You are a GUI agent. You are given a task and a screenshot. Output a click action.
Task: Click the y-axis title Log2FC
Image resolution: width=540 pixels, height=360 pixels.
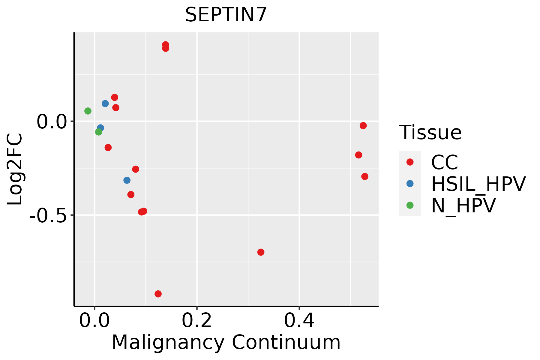point(15,169)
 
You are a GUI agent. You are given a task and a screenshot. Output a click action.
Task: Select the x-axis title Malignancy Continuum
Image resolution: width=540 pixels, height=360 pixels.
point(226,343)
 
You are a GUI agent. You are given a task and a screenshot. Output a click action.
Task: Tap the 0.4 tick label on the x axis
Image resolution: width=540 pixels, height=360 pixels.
point(299,321)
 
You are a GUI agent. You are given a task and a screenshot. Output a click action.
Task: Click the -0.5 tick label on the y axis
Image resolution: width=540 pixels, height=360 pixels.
point(47,215)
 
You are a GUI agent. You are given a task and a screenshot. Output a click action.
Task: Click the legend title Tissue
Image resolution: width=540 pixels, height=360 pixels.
point(430,132)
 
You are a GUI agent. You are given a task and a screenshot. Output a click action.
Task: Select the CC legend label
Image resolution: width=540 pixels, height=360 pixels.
point(445,162)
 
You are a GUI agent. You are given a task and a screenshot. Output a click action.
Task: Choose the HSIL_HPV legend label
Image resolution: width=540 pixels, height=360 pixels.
point(478,184)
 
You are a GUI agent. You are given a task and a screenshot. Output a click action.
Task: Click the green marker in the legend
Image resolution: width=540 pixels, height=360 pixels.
point(410,205)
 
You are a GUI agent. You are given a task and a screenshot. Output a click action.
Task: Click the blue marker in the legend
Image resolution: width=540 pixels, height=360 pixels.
point(410,184)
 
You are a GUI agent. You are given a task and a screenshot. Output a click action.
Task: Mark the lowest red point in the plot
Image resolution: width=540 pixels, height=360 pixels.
point(158,294)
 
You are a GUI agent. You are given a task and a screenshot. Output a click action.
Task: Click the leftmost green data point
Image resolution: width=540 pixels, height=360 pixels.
point(88,111)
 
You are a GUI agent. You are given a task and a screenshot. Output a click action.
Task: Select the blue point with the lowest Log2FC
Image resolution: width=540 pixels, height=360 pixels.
point(127,180)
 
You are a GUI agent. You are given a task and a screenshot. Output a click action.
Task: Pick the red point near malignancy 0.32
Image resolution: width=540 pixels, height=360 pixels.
point(261,252)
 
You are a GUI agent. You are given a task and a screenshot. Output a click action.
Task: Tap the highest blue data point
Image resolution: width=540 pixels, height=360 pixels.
point(105,103)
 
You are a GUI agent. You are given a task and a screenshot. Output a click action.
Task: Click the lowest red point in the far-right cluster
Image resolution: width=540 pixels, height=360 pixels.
point(365,176)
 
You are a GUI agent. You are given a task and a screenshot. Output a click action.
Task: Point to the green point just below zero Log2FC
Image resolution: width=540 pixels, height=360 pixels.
point(99,132)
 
